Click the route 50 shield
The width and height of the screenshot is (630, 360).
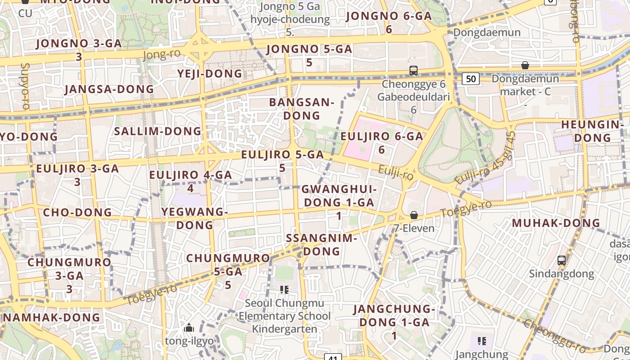[470, 79]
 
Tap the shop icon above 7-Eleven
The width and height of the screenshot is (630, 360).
[414, 215]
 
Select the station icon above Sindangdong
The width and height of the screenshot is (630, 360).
[561, 260]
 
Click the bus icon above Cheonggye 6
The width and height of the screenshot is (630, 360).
[414, 70]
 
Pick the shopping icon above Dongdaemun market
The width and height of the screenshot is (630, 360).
[525, 65]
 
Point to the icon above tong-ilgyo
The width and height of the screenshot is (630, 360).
[189, 327]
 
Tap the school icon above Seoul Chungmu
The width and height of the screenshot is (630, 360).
[284, 289]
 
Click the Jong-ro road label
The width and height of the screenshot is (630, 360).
[162, 54]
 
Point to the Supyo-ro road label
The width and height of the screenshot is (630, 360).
[25, 86]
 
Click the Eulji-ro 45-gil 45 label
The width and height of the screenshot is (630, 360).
[484, 158]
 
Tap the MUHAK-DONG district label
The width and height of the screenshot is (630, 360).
[556, 223]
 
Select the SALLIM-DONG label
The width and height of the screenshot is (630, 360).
[158, 131]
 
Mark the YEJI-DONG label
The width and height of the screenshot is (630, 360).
[210, 73]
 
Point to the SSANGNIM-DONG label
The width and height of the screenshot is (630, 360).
[321, 244]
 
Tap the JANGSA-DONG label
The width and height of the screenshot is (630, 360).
[109, 89]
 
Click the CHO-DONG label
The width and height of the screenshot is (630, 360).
[77, 212]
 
